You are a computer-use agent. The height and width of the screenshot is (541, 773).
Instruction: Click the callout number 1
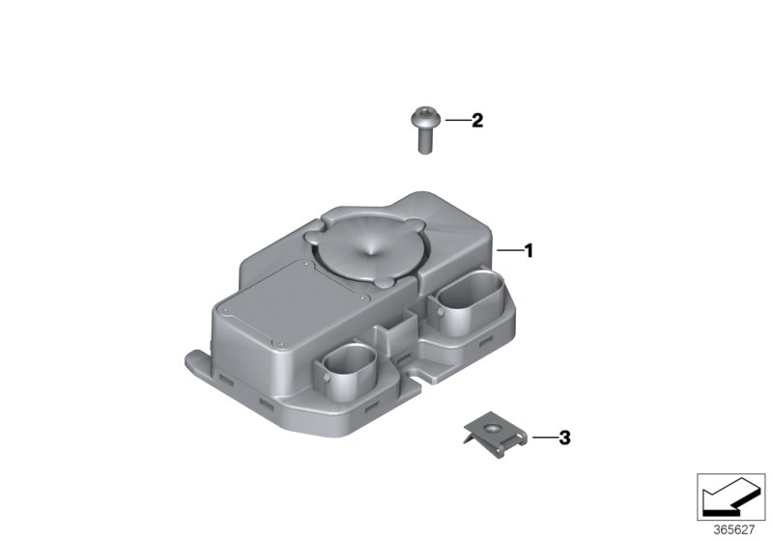click(x=529, y=251)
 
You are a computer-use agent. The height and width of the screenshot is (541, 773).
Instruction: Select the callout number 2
click(x=477, y=120)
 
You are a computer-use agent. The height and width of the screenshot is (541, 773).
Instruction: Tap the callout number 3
click(x=564, y=438)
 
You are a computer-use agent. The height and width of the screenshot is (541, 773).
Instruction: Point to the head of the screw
click(x=425, y=116)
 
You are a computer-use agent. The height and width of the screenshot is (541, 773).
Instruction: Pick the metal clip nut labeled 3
click(x=496, y=434)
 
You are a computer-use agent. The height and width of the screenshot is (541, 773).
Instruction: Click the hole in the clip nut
click(x=491, y=428)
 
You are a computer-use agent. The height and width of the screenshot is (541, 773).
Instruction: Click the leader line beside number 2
click(x=457, y=120)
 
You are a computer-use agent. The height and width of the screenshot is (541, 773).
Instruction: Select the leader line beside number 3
click(x=544, y=438)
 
